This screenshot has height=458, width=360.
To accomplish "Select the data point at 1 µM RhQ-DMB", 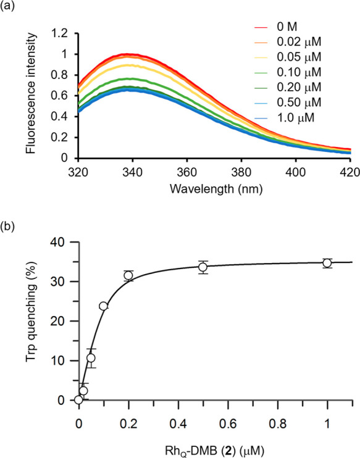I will pos(327,263).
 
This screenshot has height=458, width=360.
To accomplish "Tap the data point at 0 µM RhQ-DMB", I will pos(78,399).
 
